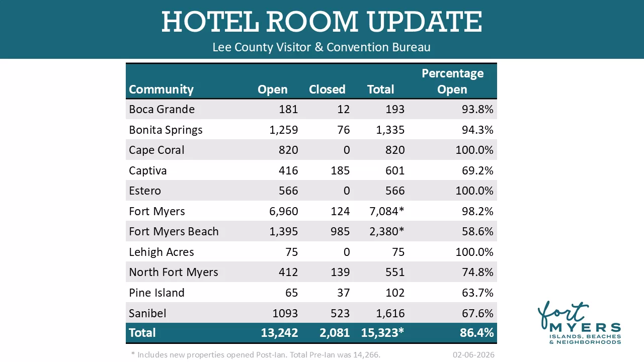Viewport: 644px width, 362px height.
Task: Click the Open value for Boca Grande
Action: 289,109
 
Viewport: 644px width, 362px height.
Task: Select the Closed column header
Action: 327,89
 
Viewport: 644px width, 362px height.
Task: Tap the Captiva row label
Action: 147,170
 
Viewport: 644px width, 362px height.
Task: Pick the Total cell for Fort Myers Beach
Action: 386,231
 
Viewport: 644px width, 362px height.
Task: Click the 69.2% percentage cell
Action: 477,170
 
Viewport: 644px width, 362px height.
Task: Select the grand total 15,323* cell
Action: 382,333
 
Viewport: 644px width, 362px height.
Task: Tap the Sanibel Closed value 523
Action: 340,313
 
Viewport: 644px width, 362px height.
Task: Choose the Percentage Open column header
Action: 452,81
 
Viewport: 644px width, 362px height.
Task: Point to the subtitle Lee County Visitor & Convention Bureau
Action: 321,47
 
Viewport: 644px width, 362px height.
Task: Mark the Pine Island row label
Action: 156,293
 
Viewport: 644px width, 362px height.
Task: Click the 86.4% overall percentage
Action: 476,333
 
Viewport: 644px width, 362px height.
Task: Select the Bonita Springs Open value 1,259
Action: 284,130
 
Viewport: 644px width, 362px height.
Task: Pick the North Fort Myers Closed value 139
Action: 340,272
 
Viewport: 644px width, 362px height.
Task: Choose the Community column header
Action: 161,89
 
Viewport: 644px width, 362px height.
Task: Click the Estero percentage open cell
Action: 474,191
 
